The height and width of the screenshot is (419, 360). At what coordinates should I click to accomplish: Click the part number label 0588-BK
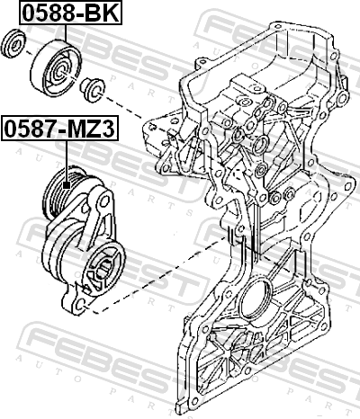[x=71, y=13]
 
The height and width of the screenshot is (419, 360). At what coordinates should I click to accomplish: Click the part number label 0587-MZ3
[x=60, y=129]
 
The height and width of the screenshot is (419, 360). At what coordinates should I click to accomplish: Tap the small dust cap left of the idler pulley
[x=13, y=43]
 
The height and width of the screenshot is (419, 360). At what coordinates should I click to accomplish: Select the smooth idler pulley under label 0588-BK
[x=56, y=68]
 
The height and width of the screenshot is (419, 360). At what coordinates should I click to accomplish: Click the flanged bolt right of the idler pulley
[x=93, y=89]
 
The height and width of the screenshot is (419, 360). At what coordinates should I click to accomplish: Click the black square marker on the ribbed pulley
[x=67, y=185]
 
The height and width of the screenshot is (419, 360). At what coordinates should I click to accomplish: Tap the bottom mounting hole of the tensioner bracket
[x=80, y=306]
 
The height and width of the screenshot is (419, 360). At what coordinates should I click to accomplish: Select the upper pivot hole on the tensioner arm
[x=103, y=201]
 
